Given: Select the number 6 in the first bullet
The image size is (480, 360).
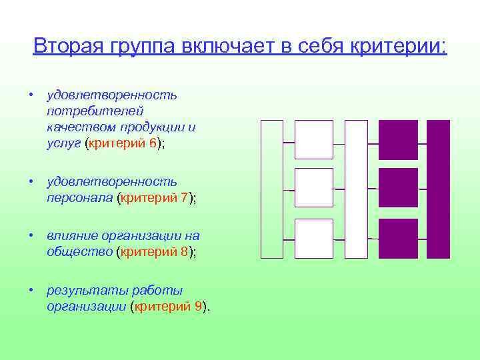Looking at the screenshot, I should coord(153,143).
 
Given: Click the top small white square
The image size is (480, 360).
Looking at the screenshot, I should coord(313,139).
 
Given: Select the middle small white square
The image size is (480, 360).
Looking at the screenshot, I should coord(313,187).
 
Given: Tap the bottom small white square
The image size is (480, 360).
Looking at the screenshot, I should coord(313,238).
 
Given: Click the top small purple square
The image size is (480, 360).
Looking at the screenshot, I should coord(398,139).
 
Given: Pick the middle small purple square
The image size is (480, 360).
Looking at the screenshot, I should coord(398,187).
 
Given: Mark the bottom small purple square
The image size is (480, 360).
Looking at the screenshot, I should coord(398,238).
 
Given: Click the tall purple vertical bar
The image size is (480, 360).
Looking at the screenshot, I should coord(438,189).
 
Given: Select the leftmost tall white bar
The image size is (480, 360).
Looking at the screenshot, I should coord(271,189).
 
